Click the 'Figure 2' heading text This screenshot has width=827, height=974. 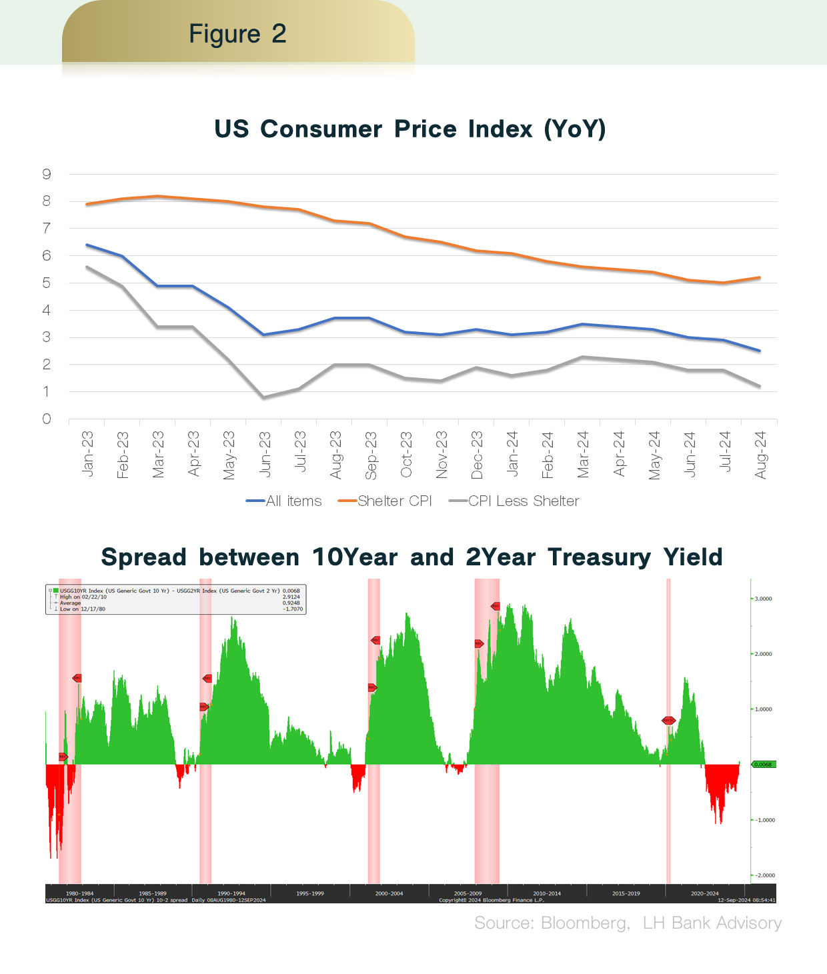pyautogui.click(x=237, y=34)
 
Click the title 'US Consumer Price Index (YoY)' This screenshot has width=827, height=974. pyautogui.click(x=409, y=129)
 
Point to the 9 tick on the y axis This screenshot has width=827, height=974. pyautogui.click(x=47, y=175)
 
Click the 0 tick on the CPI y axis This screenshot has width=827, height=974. pyautogui.click(x=47, y=419)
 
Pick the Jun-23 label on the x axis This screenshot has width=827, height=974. pyautogui.click(x=265, y=454)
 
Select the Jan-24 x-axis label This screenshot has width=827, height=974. pyautogui.click(x=512, y=454)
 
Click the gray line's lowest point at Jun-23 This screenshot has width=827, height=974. pyautogui.click(x=264, y=397)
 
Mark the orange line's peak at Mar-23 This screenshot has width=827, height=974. pyautogui.click(x=157, y=196)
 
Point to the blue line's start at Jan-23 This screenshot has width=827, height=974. pyautogui.click(x=87, y=245)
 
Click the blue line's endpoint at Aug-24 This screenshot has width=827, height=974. pyautogui.click(x=760, y=351)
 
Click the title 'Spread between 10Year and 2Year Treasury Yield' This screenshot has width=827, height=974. pyautogui.click(x=411, y=557)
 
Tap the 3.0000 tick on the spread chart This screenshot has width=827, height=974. pyautogui.click(x=763, y=599)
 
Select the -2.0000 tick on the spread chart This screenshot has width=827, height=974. pyautogui.click(x=763, y=875)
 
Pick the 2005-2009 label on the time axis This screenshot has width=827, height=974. pyautogui.click(x=468, y=893)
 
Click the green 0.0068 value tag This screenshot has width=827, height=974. pyautogui.click(x=763, y=764)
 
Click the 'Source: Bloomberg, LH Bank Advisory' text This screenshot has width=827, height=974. pyautogui.click(x=628, y=923)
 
